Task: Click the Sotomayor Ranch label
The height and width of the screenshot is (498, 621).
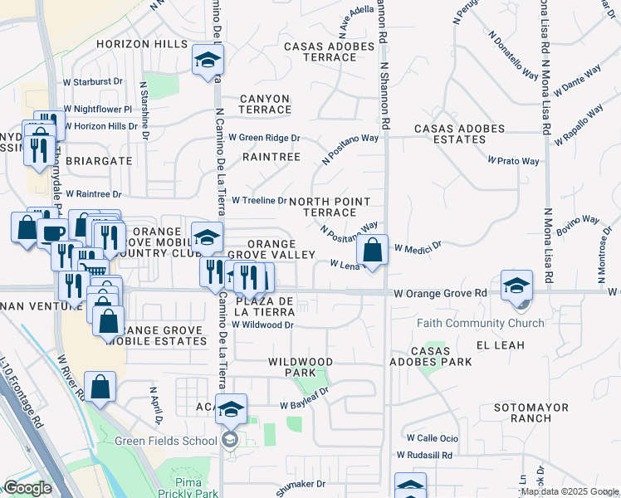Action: click(522, 413)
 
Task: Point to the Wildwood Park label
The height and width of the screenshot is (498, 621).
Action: click(301, 368)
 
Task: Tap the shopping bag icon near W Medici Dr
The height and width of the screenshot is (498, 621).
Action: click(373, 250)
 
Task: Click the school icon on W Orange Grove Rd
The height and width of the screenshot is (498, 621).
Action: click(516, 286)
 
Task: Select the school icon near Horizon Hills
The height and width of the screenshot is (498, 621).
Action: click(207, 60)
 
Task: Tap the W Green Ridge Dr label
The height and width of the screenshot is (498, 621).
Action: click(264, 138)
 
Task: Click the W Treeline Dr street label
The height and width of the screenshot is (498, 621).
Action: click(259, 200)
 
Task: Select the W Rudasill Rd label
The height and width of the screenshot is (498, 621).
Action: click(424, 455)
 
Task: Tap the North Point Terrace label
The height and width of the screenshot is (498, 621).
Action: click(329, 207)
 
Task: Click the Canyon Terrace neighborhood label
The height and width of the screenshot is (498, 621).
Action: click(266, 104)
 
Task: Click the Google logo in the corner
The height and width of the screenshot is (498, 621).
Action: click(28, 488)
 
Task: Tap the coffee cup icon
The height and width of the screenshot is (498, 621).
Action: click(53, 233)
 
